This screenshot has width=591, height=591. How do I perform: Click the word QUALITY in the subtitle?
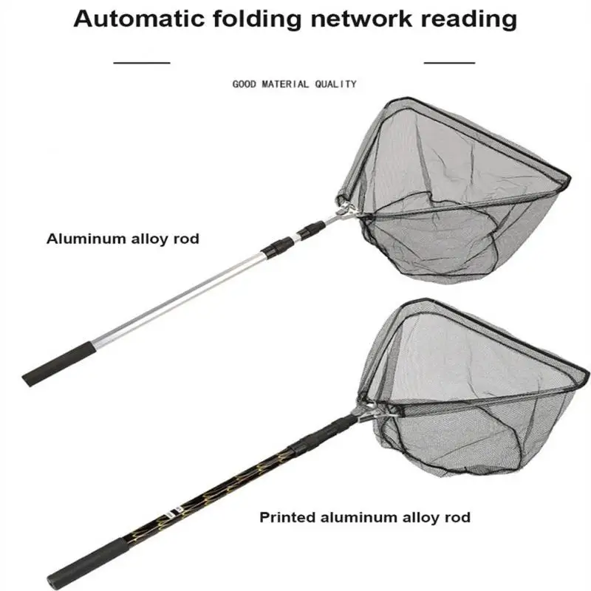pos(335,84)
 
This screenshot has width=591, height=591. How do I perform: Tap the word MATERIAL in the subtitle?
pos(287,84)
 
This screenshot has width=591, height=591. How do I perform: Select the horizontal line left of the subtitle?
pos(143,64)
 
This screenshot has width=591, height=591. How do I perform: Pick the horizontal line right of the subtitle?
pos(449,64)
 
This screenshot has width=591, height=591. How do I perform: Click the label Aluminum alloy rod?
pos(123,239)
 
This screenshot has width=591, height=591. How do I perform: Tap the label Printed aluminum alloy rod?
pos(364,517)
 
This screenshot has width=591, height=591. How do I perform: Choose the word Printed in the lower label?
pos(287,517)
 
